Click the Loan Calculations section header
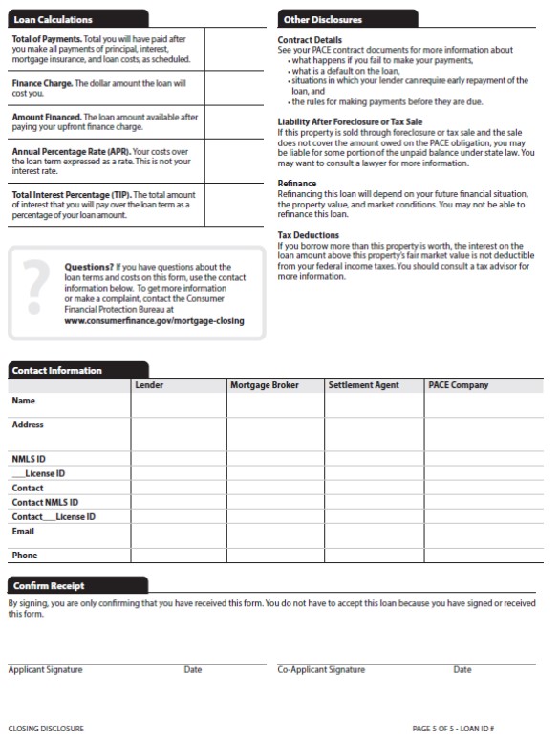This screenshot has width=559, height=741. coord(54,19)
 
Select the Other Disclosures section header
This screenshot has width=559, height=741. coord(322,19)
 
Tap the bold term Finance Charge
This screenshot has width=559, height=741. coord(41,84)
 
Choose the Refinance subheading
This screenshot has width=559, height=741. coord(296,184)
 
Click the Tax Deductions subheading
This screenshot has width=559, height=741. coord(308,235)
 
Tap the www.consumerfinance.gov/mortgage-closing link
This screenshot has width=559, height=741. coord(154,321)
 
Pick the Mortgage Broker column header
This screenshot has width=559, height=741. coord(265,385)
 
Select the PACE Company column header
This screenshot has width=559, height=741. coord(458,385)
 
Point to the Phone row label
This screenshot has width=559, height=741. coord(25,556)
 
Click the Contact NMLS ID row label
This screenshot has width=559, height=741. coord(45,502)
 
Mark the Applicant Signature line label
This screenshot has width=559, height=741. coord(45,670)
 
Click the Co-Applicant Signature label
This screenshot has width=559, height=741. coord(321,670)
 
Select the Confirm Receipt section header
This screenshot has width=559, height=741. coord(48,585)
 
